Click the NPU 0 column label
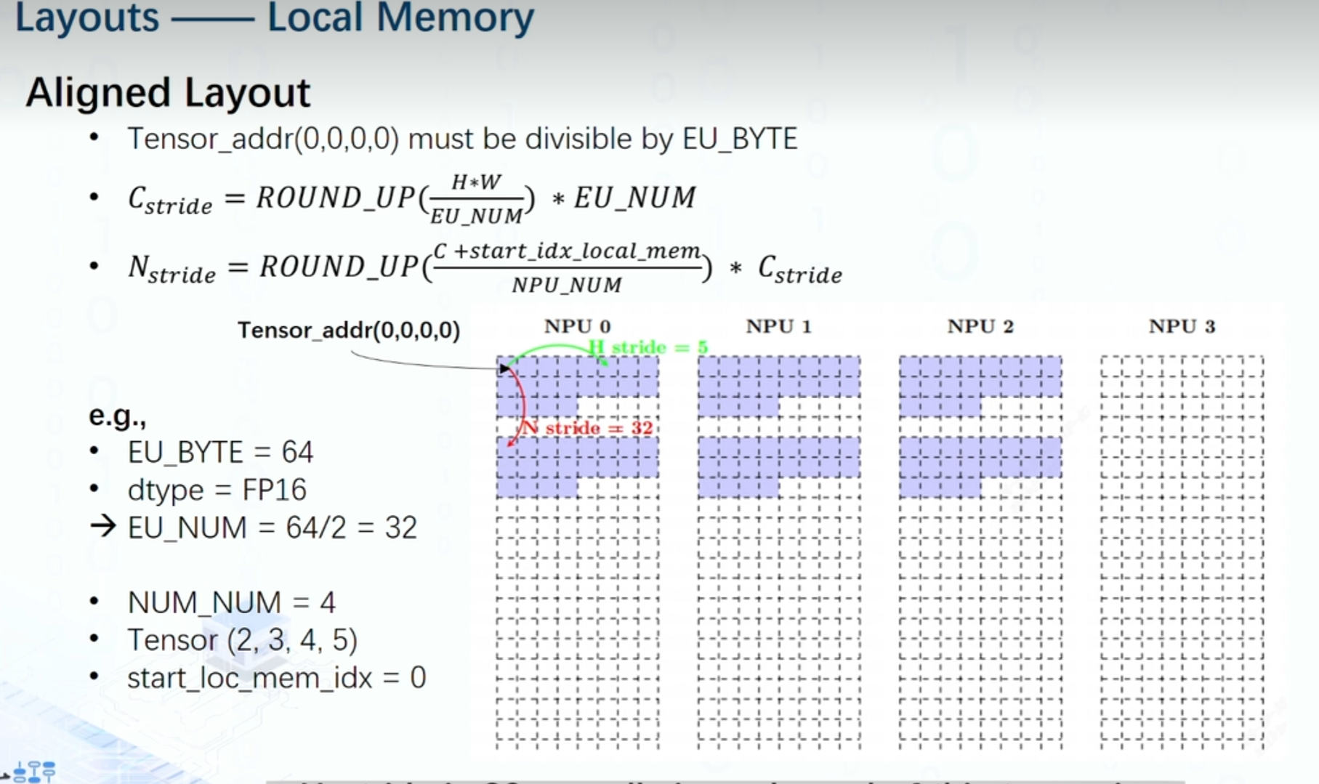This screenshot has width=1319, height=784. click(577, 327)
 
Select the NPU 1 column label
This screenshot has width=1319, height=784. click(778, 327)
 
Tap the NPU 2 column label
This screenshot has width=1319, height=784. click(980, 327)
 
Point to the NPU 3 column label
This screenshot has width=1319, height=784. click(1182, 327)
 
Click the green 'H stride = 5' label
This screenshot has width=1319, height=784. click(648, 347)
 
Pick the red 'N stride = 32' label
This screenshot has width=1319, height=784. click(588, 428)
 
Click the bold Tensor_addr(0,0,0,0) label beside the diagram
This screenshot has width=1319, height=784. click(349, 331)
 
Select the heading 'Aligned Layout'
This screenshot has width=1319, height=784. click(168, 93)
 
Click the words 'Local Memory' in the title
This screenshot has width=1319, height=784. click(400, 17)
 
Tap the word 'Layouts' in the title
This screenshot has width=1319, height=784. click(86, 17)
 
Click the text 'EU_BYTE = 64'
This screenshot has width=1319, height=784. click(220, 453)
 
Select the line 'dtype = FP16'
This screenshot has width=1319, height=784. click(217, 490)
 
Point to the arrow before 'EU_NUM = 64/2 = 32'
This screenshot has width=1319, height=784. click(103, 526)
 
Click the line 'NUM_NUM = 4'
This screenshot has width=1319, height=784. click(231, 602)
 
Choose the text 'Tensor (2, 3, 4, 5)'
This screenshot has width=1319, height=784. click(242, 640)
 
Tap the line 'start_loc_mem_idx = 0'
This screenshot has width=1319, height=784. click(276, 678)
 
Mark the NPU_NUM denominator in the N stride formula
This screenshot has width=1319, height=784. click(567, 285)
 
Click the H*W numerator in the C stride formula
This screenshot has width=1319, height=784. click(476, 182)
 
